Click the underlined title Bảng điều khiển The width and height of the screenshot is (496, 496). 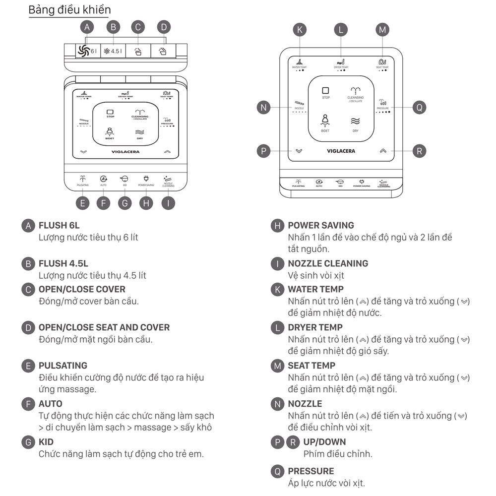tap(69, 10)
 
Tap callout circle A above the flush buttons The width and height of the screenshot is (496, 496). tap(88, 27)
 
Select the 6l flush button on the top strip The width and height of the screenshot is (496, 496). tap(88, 51)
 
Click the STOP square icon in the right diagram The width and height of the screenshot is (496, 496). tap(325, 90)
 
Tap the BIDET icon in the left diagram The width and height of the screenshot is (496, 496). tap(109, 131)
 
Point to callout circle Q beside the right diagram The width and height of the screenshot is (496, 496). tap(419, 107)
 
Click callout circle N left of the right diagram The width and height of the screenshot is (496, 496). tap(263, 107)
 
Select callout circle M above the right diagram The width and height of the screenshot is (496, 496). tap(382, 30)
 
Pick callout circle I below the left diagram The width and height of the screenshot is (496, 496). tap(169, 202)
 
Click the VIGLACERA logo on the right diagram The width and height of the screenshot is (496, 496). tap(341, 151)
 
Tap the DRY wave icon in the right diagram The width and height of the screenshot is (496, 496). tap(355, 121)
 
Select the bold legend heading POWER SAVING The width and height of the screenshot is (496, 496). tap(321, 225)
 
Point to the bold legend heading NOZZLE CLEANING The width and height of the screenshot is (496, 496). tap(328, 263)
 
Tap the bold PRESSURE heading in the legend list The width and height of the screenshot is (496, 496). tap(311, 471)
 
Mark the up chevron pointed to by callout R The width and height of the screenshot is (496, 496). tap(382, 151)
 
